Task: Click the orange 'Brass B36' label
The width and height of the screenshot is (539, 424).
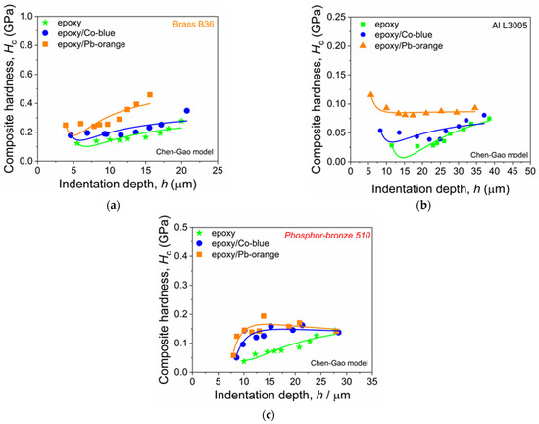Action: click(193, 25)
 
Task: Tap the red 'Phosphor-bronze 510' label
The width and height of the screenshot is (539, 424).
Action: click(327, 236)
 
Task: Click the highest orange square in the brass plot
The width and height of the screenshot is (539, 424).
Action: click(150, 94)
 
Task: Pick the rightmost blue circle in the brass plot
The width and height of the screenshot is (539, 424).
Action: click(186, 111)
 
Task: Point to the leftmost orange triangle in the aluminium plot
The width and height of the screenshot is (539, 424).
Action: click(370, 94)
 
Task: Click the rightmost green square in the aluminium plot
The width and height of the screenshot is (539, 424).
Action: click(489, 119)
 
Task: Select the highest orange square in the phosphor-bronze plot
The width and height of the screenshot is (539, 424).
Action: click(264, 316)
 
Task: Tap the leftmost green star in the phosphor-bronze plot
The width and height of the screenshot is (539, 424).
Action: click(244, 361)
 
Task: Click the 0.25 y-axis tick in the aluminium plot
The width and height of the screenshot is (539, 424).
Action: click(336, 17)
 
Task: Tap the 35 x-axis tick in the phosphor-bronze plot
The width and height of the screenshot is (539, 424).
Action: click(372, 381)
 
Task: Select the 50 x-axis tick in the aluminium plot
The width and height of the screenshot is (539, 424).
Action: click(530, 171)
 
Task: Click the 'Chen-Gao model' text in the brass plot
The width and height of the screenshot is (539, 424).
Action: click(184, 151)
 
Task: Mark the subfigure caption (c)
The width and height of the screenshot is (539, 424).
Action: click(269, 415)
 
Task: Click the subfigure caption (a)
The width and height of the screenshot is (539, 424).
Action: click(114, 206)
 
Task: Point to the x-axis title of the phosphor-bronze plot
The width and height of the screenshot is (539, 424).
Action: click(282, 395)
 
